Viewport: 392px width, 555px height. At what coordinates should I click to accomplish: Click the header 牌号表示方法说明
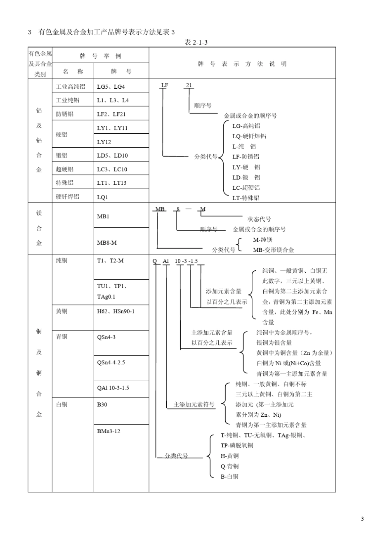[x=242, y=64]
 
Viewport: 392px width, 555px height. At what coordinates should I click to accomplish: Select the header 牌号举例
[x=100, y=56]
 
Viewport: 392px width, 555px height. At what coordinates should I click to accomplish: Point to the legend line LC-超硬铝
[x=246, y=187]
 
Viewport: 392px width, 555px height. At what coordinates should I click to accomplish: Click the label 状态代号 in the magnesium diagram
[x=259, y=219]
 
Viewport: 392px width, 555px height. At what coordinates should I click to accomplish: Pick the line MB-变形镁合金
[x=273, y=250]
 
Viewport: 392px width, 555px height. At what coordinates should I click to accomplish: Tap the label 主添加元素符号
[x=194, y=404]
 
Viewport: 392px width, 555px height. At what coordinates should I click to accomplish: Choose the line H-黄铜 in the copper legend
[x=229, y=456]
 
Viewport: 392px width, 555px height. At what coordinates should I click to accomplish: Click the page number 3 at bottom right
[x=362, y=519]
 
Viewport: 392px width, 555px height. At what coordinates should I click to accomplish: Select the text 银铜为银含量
[x=274, y=342]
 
